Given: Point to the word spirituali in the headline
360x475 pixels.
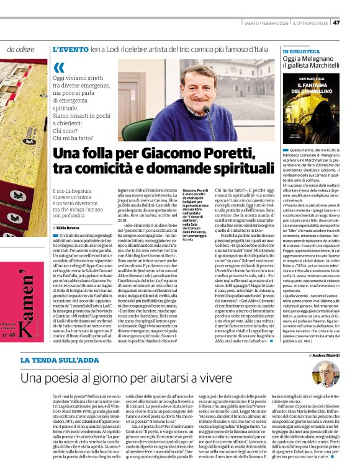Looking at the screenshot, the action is [x=230, y=167].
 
